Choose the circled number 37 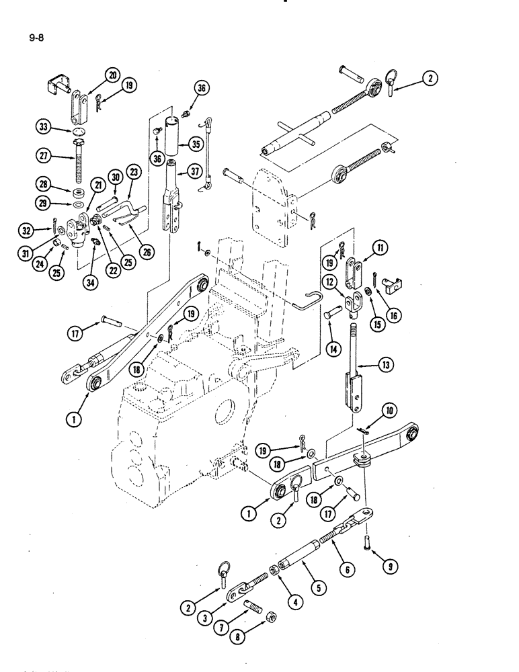tap(196, 173)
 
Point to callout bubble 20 tap(111, 75)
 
